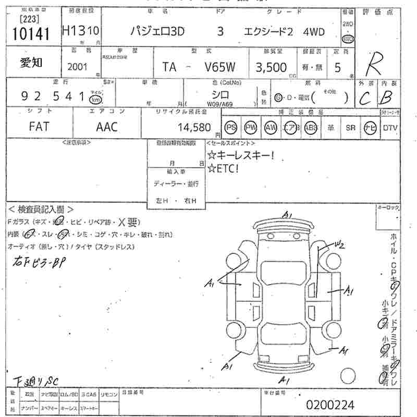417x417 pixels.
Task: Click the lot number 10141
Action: (x=30, y=34)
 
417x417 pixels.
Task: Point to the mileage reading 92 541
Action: (x=54, y=96)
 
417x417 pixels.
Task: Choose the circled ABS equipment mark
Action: (x=311, y=127)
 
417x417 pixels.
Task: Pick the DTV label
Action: (x=390, y=127)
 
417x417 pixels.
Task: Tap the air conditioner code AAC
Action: (x=107, y=127)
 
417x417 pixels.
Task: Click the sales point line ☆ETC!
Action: (x=224, y=168)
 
